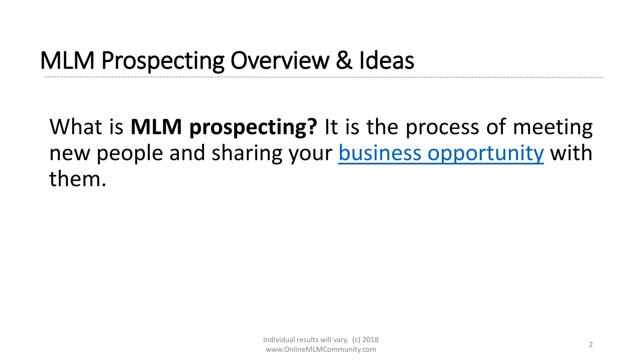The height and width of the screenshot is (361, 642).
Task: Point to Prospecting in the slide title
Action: coord(163,61)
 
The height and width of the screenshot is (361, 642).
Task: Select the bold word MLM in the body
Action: coord(156,127)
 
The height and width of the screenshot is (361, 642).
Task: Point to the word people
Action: coord(129,154)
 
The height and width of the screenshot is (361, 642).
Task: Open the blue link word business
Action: coord(380,153)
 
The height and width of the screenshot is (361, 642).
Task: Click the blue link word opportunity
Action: coord(486,154)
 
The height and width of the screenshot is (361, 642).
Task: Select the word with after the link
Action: coord(571,153)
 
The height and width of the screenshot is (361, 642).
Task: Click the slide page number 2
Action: coord(591,345)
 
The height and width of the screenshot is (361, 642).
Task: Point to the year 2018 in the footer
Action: coord(370,340)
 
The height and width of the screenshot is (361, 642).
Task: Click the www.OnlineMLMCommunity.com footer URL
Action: coord(321,349)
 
